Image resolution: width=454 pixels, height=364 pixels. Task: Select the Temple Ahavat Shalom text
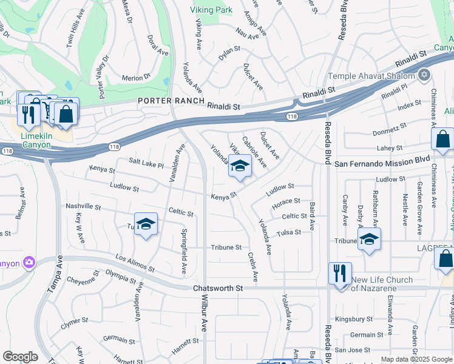pyautogui.click(x=371, y=76)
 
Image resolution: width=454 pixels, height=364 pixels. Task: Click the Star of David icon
pyautogui.click(x=424, y=75)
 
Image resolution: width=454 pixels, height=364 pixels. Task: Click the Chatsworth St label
pyautogui.click(x=217, y=288)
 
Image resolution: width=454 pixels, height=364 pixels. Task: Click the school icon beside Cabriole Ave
pyautogui.click(x=240, y=166)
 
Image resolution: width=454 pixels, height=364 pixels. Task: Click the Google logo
pyautogui.click(x=20, y=357)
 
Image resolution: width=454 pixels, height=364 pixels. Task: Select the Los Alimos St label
pyautogui.click(x=134, y=263)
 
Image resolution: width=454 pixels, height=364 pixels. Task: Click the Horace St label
pyautogui.click(x=286, y=201)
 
